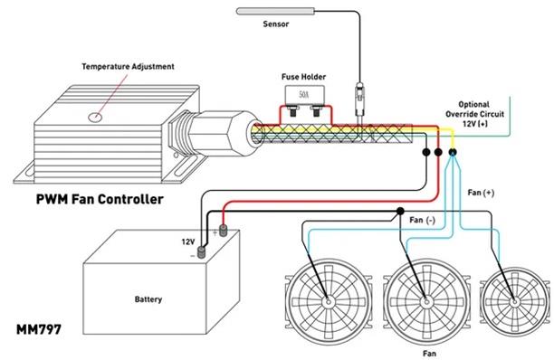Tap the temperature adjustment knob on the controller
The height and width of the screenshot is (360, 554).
pos(93,117)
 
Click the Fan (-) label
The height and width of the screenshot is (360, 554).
pos(423,220)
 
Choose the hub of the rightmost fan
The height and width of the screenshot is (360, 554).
pos(513,298)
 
